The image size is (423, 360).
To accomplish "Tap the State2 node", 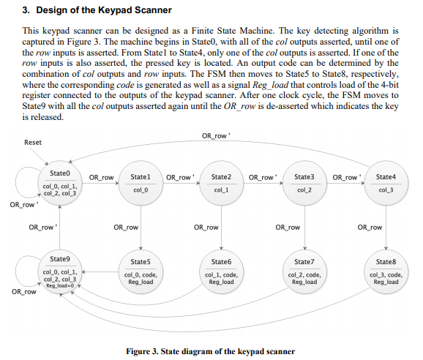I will pyautogui.click(x=221, y=184).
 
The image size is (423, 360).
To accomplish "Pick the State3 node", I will pyautogui.click(x=304, y=184).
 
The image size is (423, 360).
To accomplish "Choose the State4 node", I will pyautogui.click(x=386, y=184).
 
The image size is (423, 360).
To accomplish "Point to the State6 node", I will pyautogui.click(x=221, y=270).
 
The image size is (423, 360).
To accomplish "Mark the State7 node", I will pyautogui.click(x=304, y=270).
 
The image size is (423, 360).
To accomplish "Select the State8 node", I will pyautogui.click(x=386, y=270).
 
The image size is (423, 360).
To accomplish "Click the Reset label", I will pyautogui.click(x=33, y=142).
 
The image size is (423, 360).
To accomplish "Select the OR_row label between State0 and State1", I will pyautogui.click(x=101, y=177).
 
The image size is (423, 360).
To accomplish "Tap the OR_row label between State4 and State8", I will pyautogui.click(x=370, y=228).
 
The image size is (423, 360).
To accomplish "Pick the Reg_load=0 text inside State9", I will pyautogui.click(x=61, y=285).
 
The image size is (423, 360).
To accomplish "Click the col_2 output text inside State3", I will pyautogui.click(x=304, y=190).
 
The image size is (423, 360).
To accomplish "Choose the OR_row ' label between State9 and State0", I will pyautogui.click(x=43, y=228).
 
